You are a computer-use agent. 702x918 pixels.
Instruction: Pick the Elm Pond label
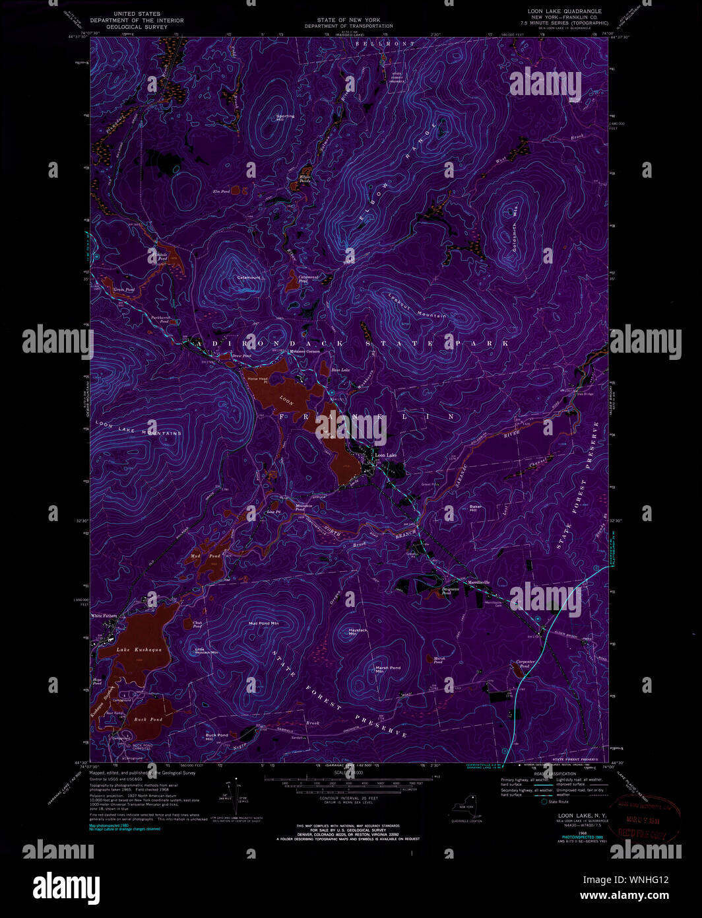coord(220,191)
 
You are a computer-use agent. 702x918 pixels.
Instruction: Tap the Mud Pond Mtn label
coord(263,623)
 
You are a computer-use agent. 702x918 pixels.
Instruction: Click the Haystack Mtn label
coord(358,632)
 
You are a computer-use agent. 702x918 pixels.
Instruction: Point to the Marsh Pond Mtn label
coord(388,669)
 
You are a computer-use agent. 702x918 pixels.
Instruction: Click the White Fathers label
coord(104,616)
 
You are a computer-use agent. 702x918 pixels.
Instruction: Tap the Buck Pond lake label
coord(148,719)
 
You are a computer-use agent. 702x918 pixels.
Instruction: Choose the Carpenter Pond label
coord(525,663)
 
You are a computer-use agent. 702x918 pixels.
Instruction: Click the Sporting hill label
coord(285,117)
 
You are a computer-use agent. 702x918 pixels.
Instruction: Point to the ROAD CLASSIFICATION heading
coord(554,773)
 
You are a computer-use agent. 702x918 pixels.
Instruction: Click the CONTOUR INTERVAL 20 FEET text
coord(348,798)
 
